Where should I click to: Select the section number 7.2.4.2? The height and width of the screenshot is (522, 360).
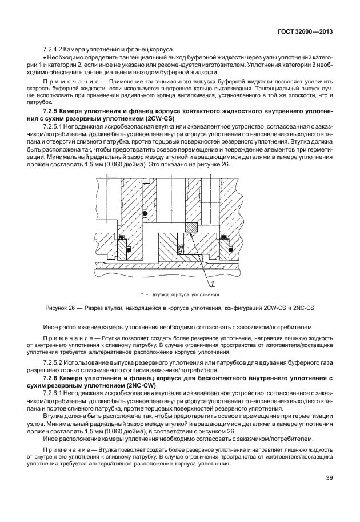tap(54, 50)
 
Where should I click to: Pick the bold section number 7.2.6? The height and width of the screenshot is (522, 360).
tap(53, 378)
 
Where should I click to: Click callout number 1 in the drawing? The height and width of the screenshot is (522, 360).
tap(212, 284)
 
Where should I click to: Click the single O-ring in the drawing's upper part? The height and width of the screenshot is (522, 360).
tap(146, 214)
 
